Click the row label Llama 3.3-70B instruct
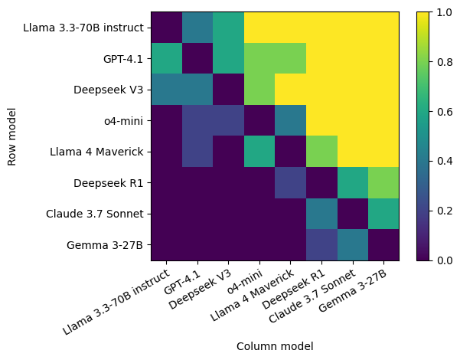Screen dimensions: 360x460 (x=83, y=28)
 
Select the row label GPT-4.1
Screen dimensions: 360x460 (x=123, y=59)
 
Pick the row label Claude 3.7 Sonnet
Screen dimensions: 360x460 (x=94, y=214)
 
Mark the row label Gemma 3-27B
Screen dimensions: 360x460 (x=106, y=245)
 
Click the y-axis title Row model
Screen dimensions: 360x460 (x=12, y=136)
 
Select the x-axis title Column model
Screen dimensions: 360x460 (x=275, y=346)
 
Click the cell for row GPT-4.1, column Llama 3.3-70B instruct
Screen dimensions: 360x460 (x=166, y=59)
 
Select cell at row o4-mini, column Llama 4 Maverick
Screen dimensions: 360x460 (x=290, y=121)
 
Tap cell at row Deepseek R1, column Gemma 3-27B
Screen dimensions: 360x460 (x=383, y=183)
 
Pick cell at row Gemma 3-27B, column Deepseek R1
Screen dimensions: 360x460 (x=321, y=245)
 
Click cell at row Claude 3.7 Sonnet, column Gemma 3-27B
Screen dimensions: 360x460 (x=383, y=214)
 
